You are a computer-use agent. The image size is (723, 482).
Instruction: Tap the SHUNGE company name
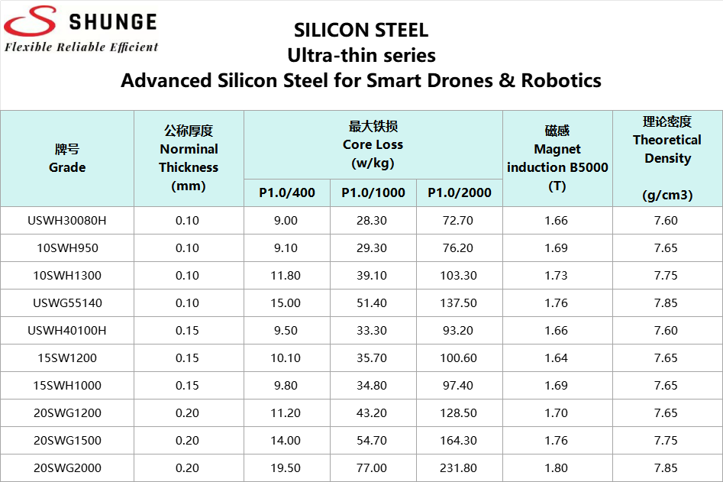tap(112, 21)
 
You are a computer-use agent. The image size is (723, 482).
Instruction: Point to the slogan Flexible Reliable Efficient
tap(82, 47)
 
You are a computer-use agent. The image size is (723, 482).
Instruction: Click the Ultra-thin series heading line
tap(361, 55)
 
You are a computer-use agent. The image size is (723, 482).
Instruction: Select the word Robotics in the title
tap(561, 80)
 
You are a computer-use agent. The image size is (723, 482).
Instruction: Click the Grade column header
tap(67, 159)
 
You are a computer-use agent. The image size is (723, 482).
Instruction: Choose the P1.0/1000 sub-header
tap(373, 192)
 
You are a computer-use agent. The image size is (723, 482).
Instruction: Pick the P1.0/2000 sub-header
tap(460, 192)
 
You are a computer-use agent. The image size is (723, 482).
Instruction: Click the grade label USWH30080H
tap(67, 221)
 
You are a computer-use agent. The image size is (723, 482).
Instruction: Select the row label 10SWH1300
tap(67, 276)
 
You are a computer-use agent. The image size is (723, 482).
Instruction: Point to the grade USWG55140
tap(67, 303)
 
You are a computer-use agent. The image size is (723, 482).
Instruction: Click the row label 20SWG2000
tap(67, 468)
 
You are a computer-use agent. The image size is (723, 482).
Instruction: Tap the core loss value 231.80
tap(458, 468)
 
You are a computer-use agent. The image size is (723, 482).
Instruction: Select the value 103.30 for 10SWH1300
tap(458, 276)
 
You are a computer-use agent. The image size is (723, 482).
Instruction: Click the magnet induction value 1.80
tap(557, 468)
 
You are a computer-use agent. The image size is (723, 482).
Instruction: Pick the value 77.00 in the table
tap(373, 468)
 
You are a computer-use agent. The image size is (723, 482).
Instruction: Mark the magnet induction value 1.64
tap(557, 358)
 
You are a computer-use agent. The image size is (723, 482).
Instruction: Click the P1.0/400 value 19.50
tap(286, 468)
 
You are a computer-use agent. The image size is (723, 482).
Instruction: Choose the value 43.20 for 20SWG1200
tap(373, 413)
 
